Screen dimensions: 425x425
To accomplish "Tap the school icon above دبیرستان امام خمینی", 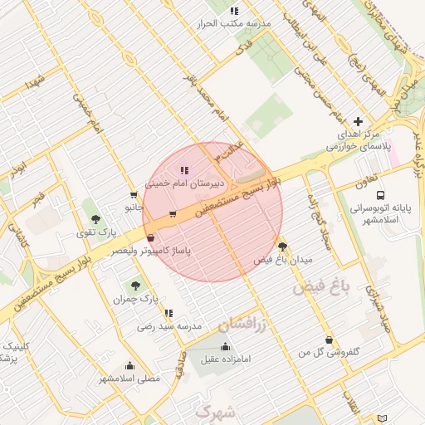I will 183,170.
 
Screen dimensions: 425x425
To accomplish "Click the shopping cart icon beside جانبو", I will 133,194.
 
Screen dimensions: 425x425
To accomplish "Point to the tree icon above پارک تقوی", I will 97,219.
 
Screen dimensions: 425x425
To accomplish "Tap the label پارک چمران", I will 135,297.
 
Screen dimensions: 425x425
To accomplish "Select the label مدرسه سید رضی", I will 169,326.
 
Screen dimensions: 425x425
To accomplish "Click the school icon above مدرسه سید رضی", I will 169,313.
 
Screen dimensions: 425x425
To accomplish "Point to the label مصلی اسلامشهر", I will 129,379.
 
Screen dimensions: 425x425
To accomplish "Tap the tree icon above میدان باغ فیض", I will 283,247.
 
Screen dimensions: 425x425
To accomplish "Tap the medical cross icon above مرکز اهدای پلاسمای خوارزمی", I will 358,121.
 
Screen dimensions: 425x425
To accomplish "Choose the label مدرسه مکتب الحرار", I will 235,24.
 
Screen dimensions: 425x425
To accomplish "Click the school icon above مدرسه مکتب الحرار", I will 235,11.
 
